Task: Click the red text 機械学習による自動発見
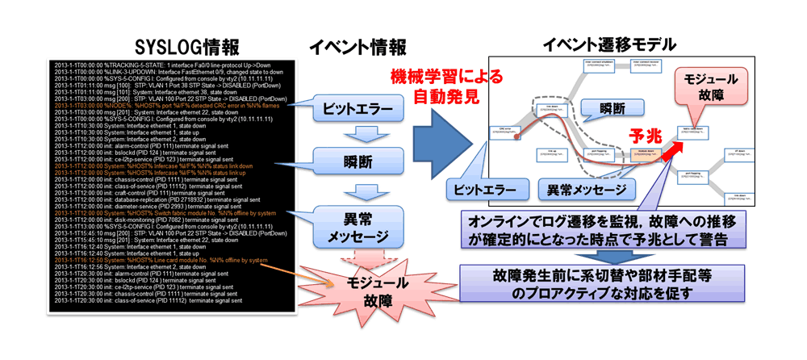(x=445, y=89)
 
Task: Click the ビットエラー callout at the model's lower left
(x=480, y=191)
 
